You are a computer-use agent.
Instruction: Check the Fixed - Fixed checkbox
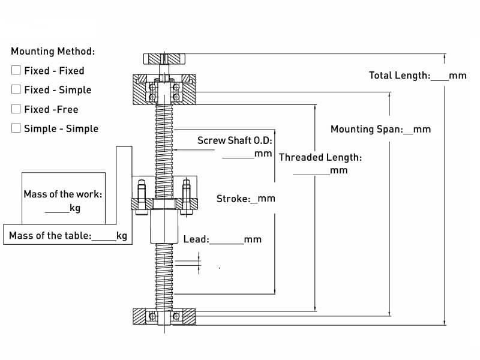click(x=16, y=70)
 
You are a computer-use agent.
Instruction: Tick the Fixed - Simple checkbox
click(x=16, y=89)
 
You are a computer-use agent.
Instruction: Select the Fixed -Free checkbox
click(x=16, y=109)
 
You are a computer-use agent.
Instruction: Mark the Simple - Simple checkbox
click(x=16, y=128)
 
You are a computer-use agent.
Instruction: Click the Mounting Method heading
click(x=53, y=51)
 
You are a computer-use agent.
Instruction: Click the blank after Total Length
click(x=440, y=80)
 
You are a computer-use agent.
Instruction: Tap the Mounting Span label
click(x=367, y=129)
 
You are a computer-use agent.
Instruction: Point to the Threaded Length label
click(x=320, y=157)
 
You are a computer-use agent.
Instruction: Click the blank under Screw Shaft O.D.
click(x=238, y=158)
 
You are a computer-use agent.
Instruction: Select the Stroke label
click(x=233, y=199)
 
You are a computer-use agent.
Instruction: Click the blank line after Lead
click(x=227, y=244)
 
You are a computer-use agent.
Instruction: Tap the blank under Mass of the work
click(x=57, y=212)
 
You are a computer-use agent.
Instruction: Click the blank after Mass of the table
click(x=104, y=240)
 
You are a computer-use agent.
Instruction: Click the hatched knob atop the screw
click(x=164, y=59)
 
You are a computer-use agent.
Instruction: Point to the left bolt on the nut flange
click(x=141, y=197)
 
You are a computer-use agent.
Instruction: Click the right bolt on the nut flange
click(x=187, y=197)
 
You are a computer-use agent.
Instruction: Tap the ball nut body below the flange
click(x=164, y=226)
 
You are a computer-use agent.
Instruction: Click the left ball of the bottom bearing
click(x=152, y=316)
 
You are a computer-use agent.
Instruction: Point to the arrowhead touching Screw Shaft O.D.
click(x=175, y=149)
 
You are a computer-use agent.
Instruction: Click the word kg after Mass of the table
click(x=122, y=236)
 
